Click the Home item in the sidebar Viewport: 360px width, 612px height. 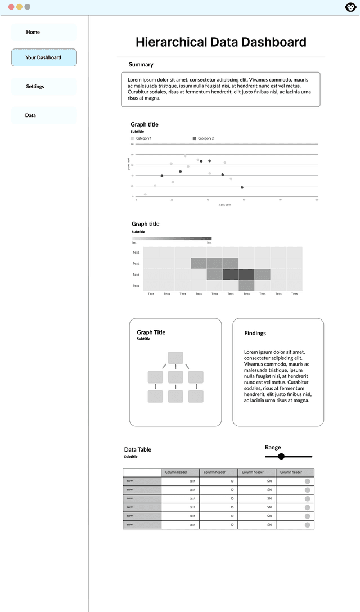click(x=33, y=32)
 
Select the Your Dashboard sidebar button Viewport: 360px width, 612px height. click(x=44, y=57)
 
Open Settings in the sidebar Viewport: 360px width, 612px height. click(x=35, y=86)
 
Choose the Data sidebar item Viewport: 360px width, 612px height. click(x=30, y=115)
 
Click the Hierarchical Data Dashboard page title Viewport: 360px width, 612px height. click(x=221, y=42)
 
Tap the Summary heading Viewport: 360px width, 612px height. click(x=141, y=65)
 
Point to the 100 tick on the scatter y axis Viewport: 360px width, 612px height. click(x=132, y=144)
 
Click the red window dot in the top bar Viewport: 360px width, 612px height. click(x=11, y=7)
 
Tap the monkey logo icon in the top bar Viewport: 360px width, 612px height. click(x=350, y=7)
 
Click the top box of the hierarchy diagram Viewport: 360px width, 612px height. click(x=175, y=358)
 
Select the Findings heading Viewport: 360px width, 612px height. click(x=255, y=334)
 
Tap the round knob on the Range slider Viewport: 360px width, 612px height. click(x=281, y=456)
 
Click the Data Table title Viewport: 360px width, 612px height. click(x=138, y=449)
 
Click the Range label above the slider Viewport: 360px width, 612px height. click(x=273, y=447)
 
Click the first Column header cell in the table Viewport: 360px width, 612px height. click(x=180, y=472)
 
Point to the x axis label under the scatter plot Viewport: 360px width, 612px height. click(x=224, y=205)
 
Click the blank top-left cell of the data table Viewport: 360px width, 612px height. click(x=142, y=472)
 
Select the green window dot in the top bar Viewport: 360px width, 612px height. click(x=27, y=7)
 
